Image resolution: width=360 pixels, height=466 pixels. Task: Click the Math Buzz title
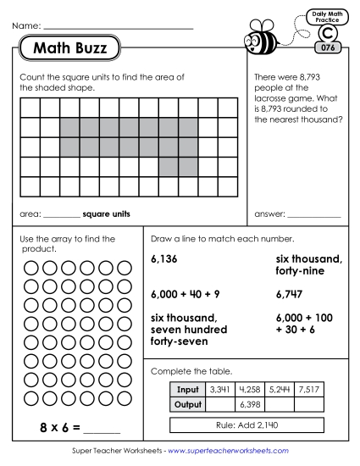point(69,49)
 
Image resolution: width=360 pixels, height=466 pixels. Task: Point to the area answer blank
point(61,214)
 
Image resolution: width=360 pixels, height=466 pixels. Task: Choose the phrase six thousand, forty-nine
point(307,265)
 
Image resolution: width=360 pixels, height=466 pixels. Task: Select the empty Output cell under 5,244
point(280,404)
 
